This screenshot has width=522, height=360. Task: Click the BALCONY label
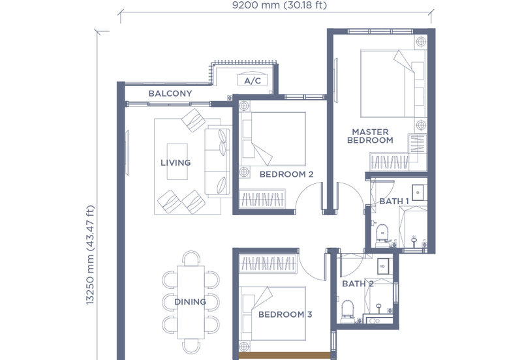[x=170, y=93]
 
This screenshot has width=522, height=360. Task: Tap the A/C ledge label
[x=252, y=82]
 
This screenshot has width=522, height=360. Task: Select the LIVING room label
[x=176, y=162]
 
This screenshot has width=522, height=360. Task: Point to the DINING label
[x=190, y=302]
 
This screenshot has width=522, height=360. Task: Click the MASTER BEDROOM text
[x=370, y=136]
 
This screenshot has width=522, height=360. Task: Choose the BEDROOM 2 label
[x=286, y=174]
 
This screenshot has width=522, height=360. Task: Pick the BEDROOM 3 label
[x=285, y=314]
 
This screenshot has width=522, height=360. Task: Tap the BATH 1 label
[x=394, y=202]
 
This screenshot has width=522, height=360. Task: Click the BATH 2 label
[x=357, y=284]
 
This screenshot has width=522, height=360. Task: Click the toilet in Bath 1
[x=384, y=232]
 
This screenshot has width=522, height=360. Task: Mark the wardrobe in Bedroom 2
[x=262, y=198]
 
